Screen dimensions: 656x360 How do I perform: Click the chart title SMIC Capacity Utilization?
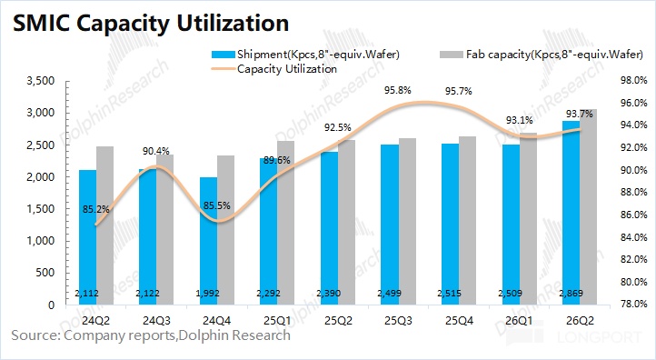point(151,23)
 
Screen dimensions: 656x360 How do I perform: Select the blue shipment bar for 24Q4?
point(208,241)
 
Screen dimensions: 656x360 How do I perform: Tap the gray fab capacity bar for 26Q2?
point(588,206)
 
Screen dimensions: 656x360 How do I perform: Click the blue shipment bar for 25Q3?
point(390,225)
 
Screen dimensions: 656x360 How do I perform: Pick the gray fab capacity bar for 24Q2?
point(105,225)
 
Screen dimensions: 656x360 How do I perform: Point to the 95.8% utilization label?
point(397,90)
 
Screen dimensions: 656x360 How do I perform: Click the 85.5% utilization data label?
point(217,205)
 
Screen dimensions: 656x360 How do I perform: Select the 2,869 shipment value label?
point(572,293)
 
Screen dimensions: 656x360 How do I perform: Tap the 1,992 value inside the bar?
point(208,293)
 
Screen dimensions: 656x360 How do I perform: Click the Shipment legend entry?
point(306,55)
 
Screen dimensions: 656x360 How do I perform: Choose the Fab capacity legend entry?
point(542,55)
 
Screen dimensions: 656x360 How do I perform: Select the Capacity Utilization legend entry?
point(274,69)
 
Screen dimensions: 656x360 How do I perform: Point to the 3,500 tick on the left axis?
point(41,81)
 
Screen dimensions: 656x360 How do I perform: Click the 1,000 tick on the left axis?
point(41,241)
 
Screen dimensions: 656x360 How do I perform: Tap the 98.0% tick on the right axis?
point(634,80)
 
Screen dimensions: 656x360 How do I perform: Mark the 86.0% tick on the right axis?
point(634,215)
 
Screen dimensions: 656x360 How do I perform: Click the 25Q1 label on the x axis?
point(277,321)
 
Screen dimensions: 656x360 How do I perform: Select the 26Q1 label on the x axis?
point(519,321)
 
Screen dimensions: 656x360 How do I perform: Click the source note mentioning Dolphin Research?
point(151,335)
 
